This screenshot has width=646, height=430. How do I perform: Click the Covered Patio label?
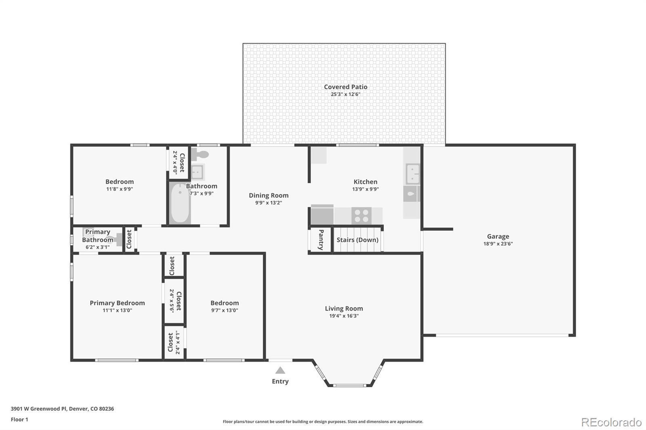point(346,87)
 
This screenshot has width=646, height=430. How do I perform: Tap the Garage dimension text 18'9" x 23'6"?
point(498,244)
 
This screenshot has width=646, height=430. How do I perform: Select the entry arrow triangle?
point(280,370)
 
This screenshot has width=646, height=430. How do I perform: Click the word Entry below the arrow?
point(280,381)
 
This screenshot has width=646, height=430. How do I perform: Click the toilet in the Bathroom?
point(200,154)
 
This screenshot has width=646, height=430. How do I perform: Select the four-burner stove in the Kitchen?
point(361,215)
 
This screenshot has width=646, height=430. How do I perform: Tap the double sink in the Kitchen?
point(412,173)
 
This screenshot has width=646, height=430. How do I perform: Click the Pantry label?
point(321,240)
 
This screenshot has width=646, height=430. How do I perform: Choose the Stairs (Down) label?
point(357,240)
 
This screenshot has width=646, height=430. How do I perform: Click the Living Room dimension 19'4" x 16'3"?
point(344,316)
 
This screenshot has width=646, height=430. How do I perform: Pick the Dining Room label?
point(268,195)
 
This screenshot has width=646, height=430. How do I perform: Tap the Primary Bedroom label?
point(117,303)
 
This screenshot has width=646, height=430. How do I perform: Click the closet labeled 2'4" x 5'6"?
point(175,301)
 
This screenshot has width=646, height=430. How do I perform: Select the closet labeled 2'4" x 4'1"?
point(174,342)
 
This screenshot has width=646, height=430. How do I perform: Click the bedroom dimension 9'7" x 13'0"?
point(224,310)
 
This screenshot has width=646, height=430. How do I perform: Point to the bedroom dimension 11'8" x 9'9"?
point(120,189)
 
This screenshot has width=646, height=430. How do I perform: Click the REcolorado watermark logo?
point(611,422)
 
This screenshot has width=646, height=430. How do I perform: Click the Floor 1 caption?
point(19,420)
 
